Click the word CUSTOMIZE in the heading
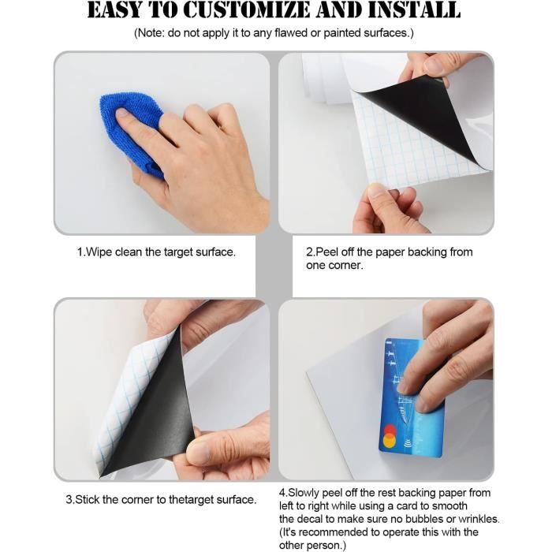click(x=247, y=10)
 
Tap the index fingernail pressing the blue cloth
click(x=121, y=113)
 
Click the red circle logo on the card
click(x=389, y=430)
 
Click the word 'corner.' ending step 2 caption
click(x=334, y=266)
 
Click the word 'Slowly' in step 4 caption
click(x=304, y=493)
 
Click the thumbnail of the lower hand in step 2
click(x=376, y=192)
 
